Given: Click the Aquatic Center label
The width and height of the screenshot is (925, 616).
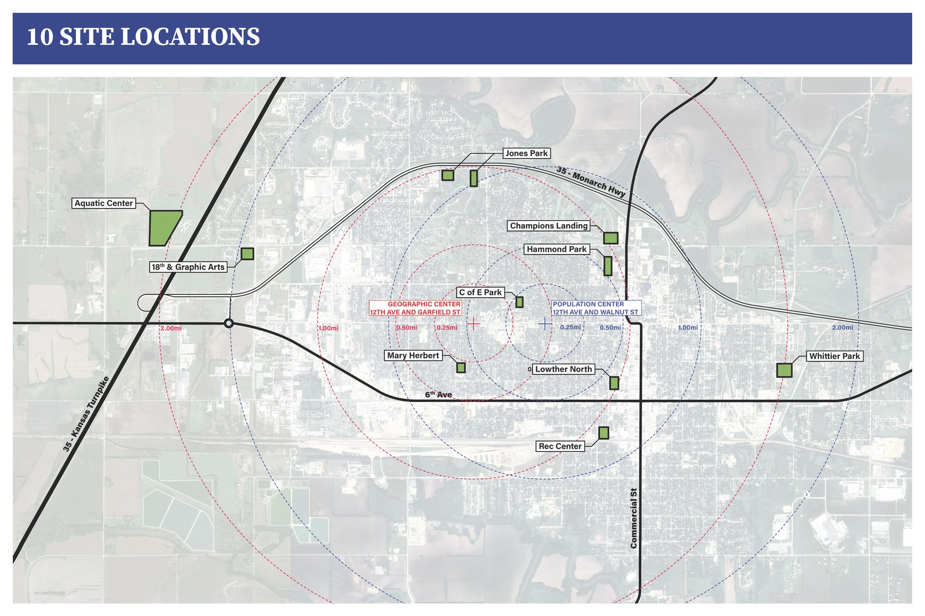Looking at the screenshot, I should [104, 203].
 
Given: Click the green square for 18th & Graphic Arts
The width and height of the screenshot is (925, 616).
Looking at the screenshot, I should [247, 254].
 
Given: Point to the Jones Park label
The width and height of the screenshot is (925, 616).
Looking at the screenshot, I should [527, 153].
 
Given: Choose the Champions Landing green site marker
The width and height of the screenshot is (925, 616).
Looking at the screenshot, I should [610, 238].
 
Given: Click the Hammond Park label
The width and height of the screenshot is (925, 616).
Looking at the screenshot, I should [556, 249].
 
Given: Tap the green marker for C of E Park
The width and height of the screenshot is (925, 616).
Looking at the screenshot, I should [519, 302].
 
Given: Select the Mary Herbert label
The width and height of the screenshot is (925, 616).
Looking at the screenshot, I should [413, 355].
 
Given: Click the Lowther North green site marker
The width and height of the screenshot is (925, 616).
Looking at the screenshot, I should [614, 383].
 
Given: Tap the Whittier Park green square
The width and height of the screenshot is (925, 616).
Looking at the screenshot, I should [784, 370].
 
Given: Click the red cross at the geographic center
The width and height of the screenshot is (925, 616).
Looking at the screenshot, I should [473, 324].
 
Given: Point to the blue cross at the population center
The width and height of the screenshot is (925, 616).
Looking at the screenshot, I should [544, 324].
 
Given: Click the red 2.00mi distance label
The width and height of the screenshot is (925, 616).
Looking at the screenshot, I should [171, 328].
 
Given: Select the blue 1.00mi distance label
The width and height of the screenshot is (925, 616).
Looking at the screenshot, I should [688, 328].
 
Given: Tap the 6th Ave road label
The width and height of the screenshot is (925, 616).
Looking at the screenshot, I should [438, 395].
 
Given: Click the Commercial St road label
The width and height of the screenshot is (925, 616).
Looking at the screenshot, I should [633, 518].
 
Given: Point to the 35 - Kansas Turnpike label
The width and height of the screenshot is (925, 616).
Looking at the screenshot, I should [85, 414].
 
